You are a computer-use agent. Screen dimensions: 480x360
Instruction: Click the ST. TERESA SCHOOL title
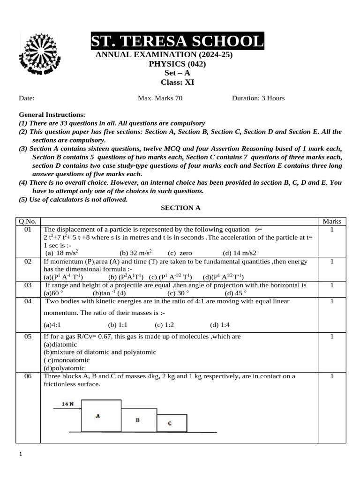(177, 42)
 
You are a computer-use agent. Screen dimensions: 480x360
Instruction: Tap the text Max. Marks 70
(160, 98)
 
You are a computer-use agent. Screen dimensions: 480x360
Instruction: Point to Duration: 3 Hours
(258, 98)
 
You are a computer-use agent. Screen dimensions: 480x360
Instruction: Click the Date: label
(27, 98)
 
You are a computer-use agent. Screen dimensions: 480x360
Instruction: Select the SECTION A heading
(180, 208)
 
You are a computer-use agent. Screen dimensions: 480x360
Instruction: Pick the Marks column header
(332, 221)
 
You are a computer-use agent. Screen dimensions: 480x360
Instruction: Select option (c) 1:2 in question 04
(165, 324)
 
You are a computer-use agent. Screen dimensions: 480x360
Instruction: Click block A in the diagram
(98, 415)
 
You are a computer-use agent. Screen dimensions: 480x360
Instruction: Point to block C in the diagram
(170, 423)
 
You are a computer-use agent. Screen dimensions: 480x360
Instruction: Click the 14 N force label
(68, 403)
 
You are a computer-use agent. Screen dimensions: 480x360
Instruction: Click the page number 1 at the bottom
(20, 454)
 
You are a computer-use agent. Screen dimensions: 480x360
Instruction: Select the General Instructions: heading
(52, 115)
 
